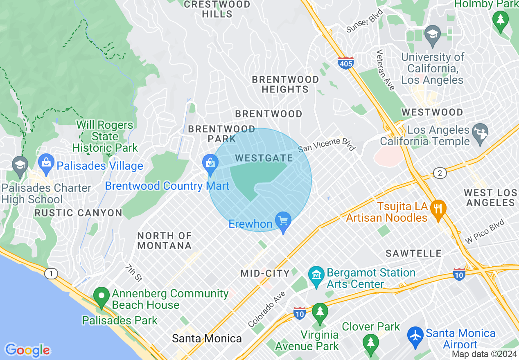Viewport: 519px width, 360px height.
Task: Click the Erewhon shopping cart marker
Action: pyautogui.click(x=283, y=220)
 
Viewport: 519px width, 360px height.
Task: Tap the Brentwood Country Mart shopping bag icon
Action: pyautogui.click(x=210, y=162)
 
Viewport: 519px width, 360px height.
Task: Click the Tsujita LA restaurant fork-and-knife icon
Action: pyautogui.click(x=438, y=208)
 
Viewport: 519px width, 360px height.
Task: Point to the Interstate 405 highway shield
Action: pyautogui.click(x=346, y=63)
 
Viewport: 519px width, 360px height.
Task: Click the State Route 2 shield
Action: pyautogui.click(x=440, y=173)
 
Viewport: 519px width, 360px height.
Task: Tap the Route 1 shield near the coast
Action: pyautogui.click(x=51, y=274)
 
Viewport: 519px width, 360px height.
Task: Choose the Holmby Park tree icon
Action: pyautogui.click(x=500, y=19)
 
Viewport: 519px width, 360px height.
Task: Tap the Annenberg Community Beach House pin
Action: pyautogui.click(x=101, y=295)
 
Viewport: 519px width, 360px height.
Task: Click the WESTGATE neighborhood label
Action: pyautogui.click(x=264, y=158)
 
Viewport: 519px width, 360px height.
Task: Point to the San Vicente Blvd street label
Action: pyautogui.click(x=327, y=144)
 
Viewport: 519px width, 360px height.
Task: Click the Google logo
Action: pyautogui.click(x=27, y=350)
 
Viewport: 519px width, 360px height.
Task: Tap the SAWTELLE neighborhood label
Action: pyautogui.click(x=413, y=254)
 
